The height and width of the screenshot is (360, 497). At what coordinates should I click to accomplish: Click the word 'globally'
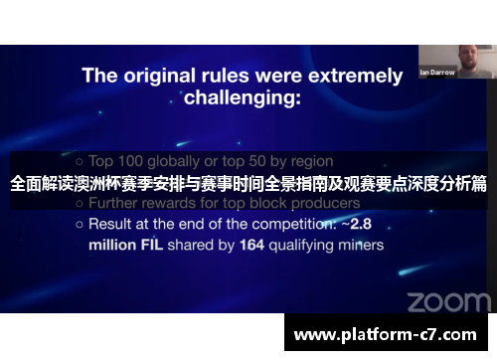click(190, 160)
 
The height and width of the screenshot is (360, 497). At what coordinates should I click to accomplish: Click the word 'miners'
click(357, 244)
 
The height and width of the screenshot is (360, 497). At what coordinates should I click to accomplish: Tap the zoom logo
click(448, 300)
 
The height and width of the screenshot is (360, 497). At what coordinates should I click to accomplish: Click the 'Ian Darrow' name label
click(437, 73)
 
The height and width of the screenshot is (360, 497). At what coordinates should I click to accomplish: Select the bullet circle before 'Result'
click(79, 225)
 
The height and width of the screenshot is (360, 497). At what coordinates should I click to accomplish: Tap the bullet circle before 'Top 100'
click(79, 161)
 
